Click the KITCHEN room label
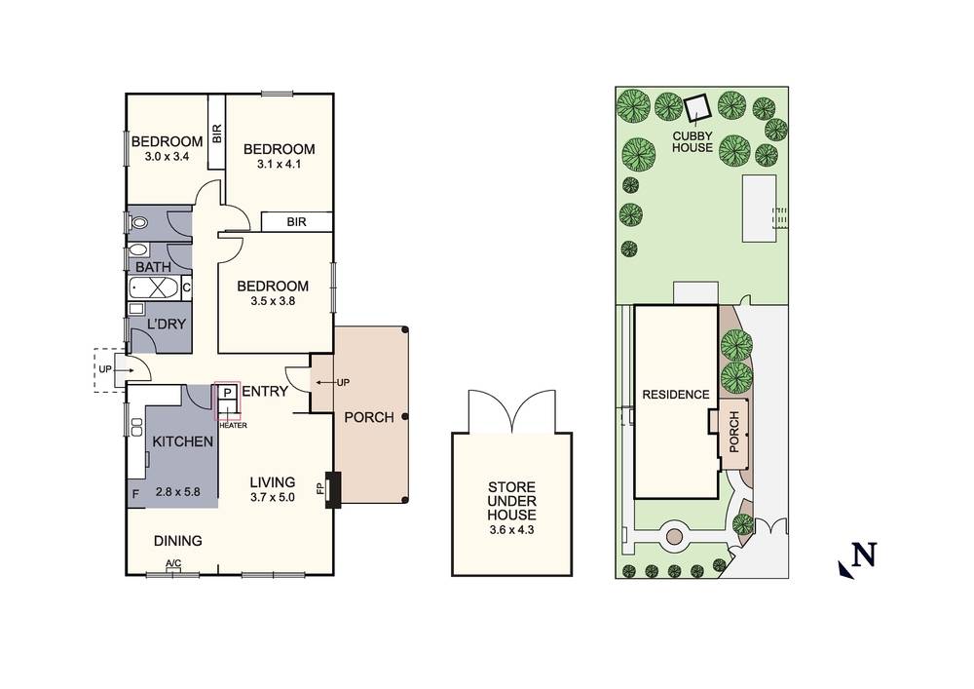coord(182,442)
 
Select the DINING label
coord(177,541)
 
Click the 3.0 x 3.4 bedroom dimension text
coord(166,156)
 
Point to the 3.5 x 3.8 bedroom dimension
coord(273,302)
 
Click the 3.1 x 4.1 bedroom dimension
coord(279,165)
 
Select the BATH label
coord(153,267)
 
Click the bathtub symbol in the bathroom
coord(153,288)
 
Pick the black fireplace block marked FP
coord(333,490)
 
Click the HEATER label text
coord(232,425)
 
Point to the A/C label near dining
coord(173,564)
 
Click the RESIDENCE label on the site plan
coord(674,395)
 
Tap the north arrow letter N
coord(863,555)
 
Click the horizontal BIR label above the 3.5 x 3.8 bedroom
coord(297,222)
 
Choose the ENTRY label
coord(264,392)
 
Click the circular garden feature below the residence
coord(673,536)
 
